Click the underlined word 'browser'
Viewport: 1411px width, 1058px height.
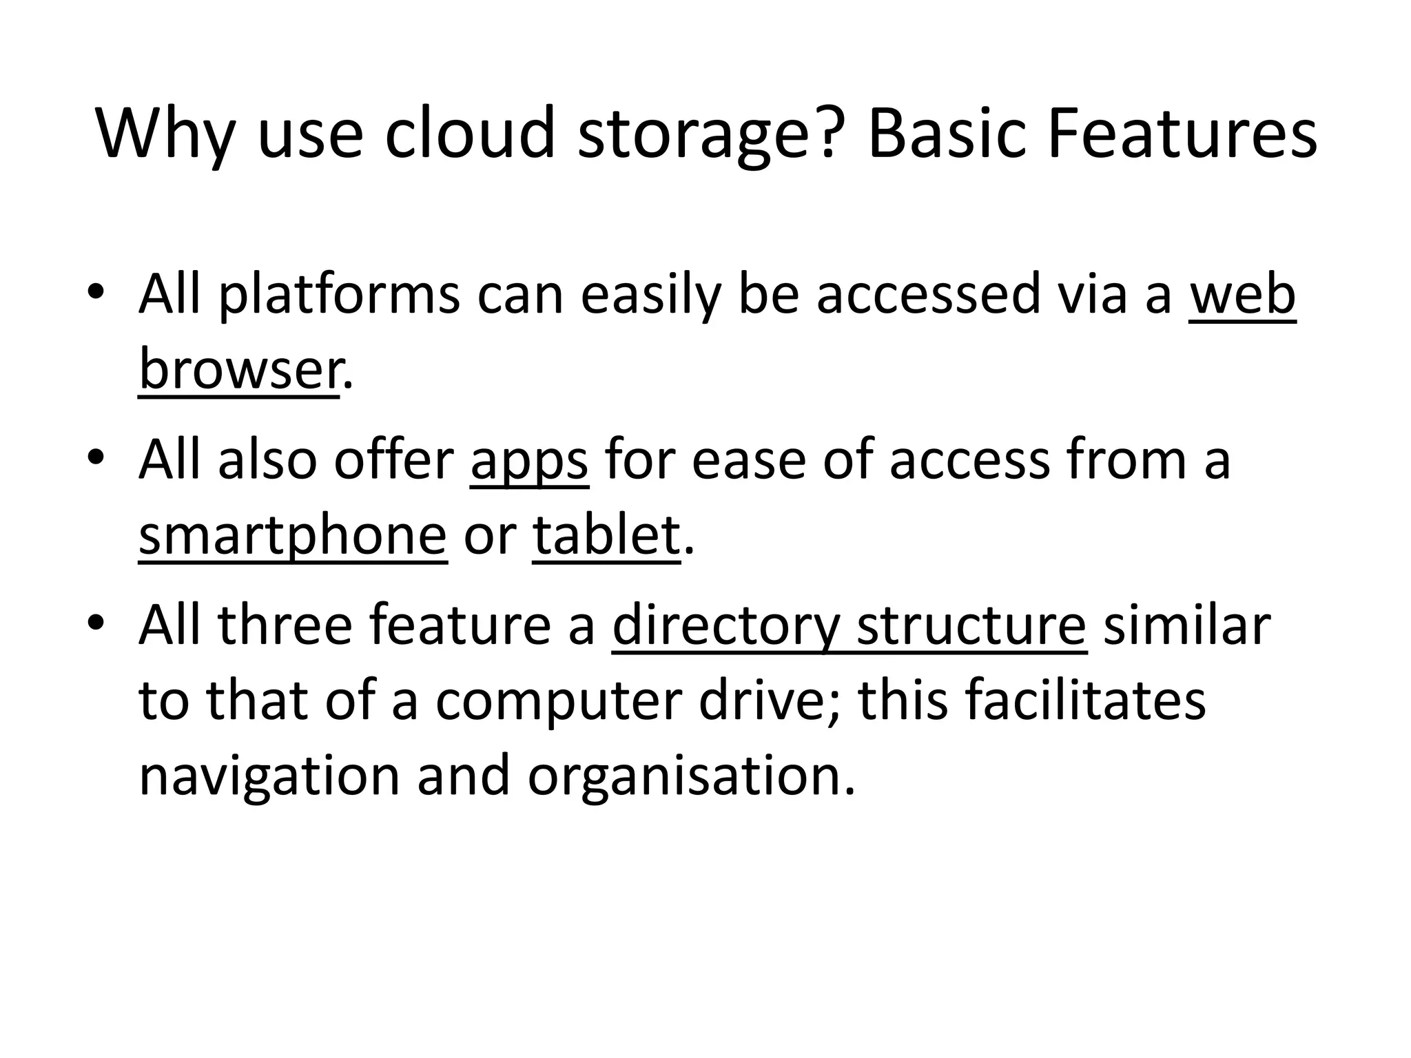238,369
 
